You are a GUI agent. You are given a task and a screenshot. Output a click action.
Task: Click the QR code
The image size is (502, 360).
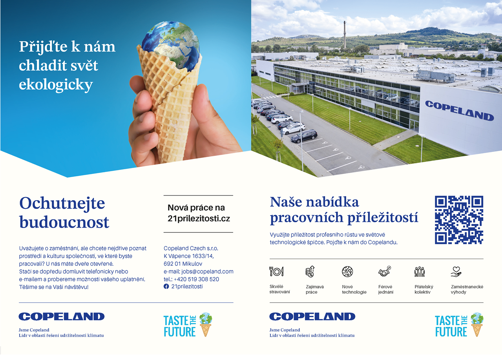[459, 220]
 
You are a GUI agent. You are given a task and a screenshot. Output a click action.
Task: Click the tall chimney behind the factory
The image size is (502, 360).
[345, 35]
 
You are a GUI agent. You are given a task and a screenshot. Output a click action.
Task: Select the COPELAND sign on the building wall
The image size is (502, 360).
[460, 110]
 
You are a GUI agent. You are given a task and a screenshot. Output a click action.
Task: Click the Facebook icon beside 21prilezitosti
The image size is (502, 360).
[166, 287]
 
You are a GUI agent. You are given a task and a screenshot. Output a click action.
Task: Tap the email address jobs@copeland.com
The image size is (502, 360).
[207, 271]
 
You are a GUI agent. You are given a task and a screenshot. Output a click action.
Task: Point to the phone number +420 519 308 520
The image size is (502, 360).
[196, 279]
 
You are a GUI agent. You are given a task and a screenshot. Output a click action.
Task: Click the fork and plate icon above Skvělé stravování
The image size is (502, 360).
[276, 271]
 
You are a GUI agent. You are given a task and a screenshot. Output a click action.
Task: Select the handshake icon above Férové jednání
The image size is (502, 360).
[385, 271]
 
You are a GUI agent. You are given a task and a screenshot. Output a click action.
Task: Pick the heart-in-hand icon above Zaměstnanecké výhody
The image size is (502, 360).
[456, 271]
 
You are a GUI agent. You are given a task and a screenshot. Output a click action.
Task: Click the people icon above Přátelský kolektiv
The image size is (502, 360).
[420, 271]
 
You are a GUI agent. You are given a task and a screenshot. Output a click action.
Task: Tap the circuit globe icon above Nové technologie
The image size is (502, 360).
[347, 271]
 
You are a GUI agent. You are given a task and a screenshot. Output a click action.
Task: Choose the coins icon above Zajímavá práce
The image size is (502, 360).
[310, 271]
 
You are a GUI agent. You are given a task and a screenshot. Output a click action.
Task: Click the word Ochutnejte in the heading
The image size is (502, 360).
[62, 203]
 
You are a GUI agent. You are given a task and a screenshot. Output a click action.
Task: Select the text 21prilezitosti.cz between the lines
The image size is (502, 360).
[199, 218]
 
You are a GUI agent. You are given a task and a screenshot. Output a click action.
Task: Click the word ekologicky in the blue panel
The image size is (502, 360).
[56, 85]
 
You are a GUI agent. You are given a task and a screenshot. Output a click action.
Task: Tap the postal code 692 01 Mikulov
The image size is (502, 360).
[183, 263]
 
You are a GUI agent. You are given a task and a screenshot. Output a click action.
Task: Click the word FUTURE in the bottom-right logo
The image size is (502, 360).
[451, 332]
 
